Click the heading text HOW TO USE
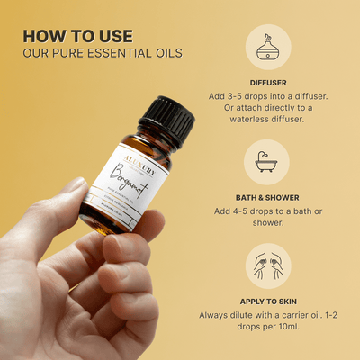tap(77, 35)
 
